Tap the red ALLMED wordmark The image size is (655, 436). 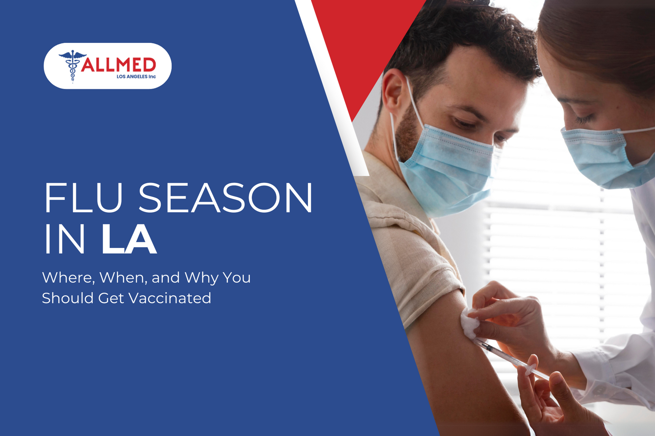[x=118, y=65]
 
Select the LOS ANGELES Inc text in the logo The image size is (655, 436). [x=136, y=77]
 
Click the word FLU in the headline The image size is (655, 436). [x=83, y=198]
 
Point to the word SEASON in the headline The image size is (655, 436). [x=225, y=198]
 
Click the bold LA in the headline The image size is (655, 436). [x=129, y=239]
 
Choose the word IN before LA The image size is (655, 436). [x=64, y=239]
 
